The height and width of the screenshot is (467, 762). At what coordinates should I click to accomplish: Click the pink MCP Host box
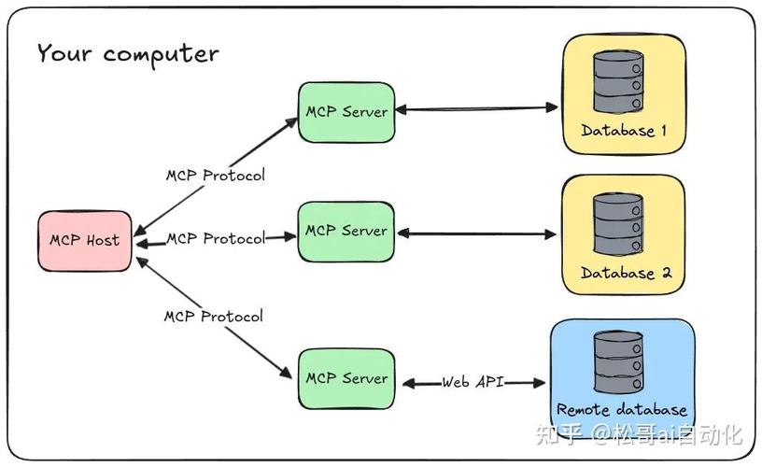(85, 241)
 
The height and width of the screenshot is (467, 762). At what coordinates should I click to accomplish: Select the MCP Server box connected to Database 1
(346, 112)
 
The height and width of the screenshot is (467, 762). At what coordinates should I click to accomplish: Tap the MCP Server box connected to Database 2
(346, 231)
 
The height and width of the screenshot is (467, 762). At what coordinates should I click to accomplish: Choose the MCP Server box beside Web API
(346, 378)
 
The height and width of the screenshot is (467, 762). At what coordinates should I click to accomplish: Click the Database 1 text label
(624, 131)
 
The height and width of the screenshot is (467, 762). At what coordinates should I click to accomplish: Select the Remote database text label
(622, 410)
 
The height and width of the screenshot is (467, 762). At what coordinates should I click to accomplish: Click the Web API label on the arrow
(473, 382)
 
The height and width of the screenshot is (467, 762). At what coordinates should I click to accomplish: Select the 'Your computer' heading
(128, 53)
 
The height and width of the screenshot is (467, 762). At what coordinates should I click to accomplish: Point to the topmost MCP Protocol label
(216, 176)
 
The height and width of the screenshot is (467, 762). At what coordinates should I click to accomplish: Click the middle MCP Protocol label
(216, 239)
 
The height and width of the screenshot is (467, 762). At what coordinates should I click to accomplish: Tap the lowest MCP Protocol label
(214, 317)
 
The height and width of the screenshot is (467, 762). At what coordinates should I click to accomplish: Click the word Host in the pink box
(103, 241)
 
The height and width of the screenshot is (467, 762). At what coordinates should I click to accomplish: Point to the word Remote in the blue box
(584, 410)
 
